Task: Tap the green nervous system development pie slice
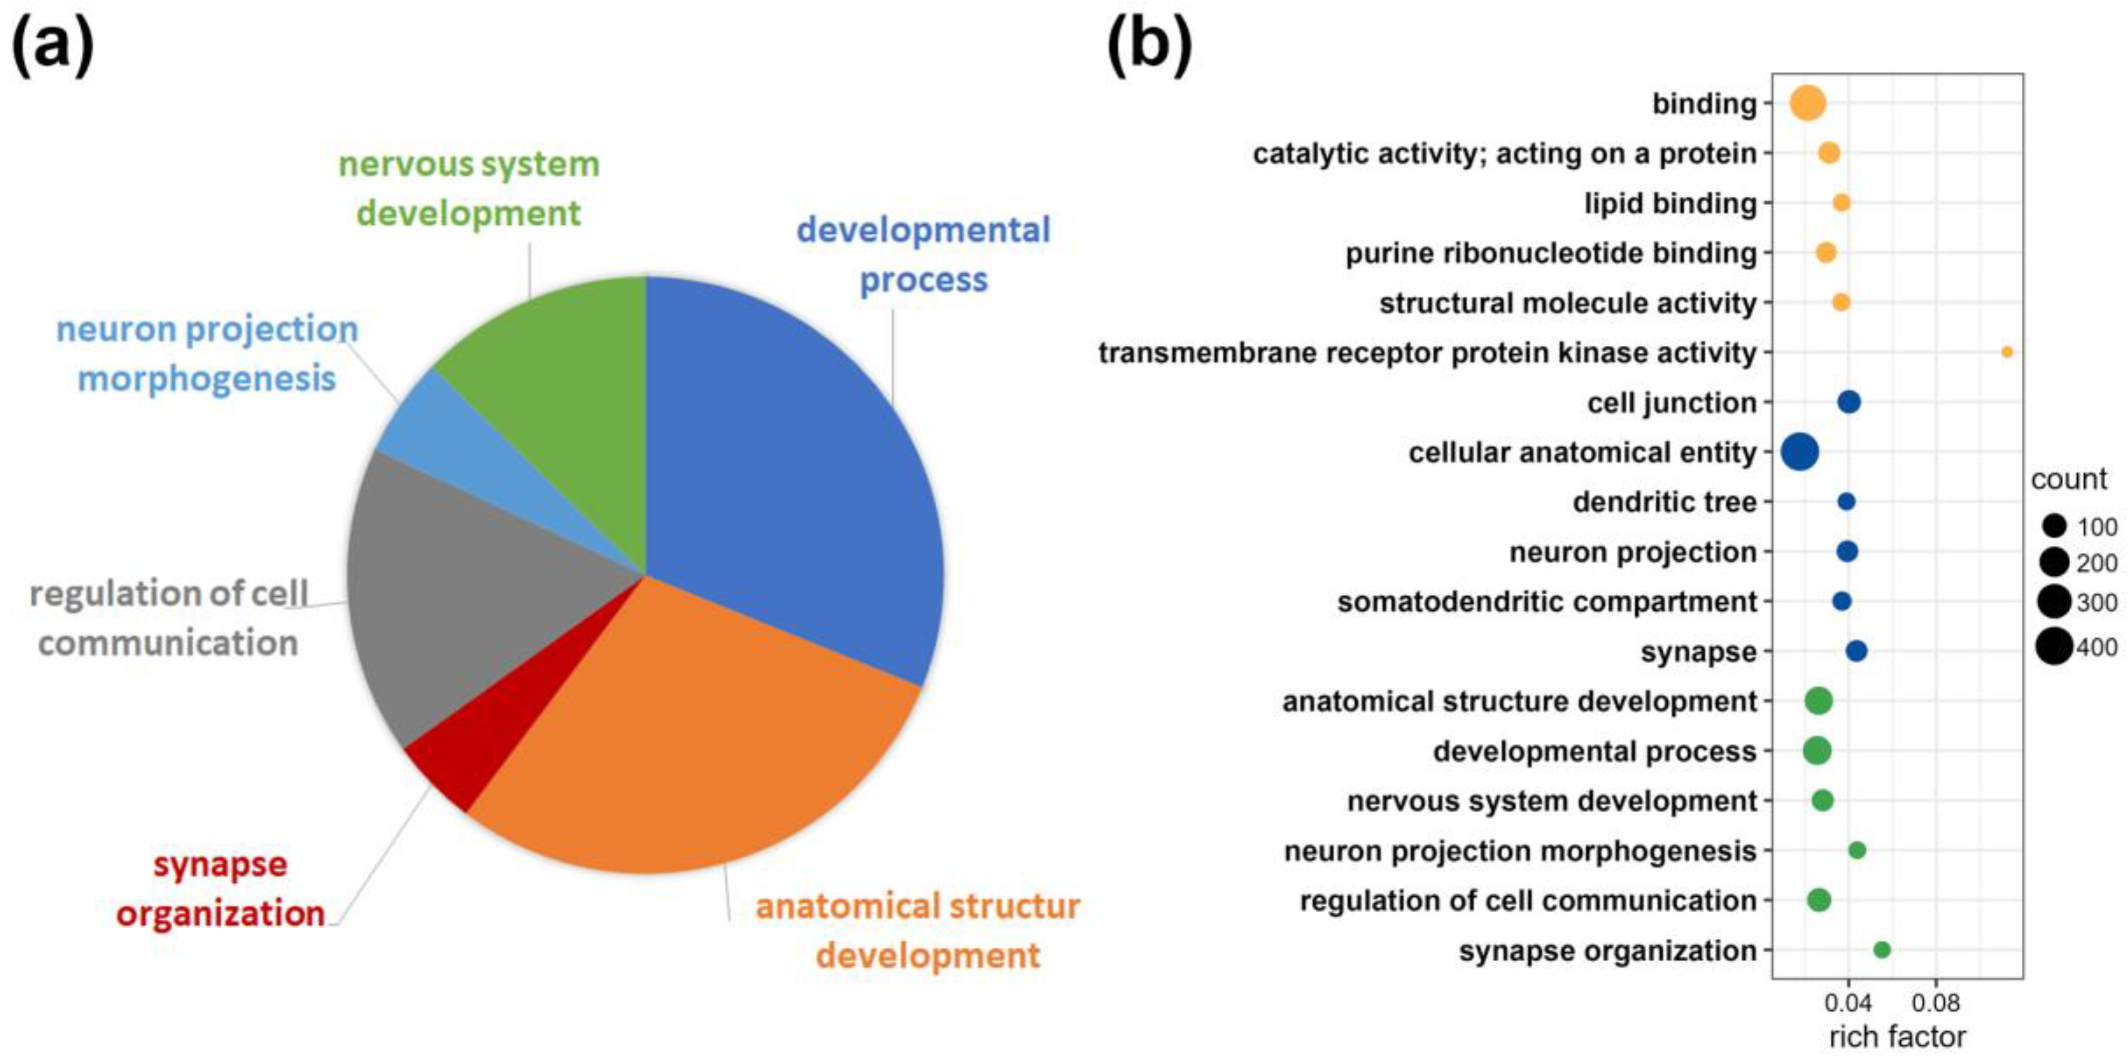coord(562,372)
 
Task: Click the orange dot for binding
coord(1807,103)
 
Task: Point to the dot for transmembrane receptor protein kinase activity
coord(2007,352)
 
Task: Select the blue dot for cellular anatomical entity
coord(1800,452)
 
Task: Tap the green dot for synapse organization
coord(1882,950)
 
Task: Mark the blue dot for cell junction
coord(1849,402)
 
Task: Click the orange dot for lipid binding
coord(1841,203)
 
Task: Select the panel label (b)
coord(1149,46)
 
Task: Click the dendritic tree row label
coord(1664,502)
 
